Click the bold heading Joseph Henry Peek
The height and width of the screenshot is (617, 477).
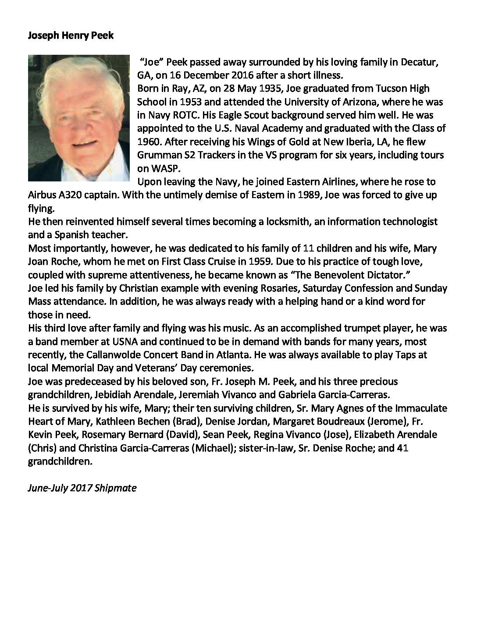tap(71, 35)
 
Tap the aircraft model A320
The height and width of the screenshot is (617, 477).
tap(71, 195)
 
